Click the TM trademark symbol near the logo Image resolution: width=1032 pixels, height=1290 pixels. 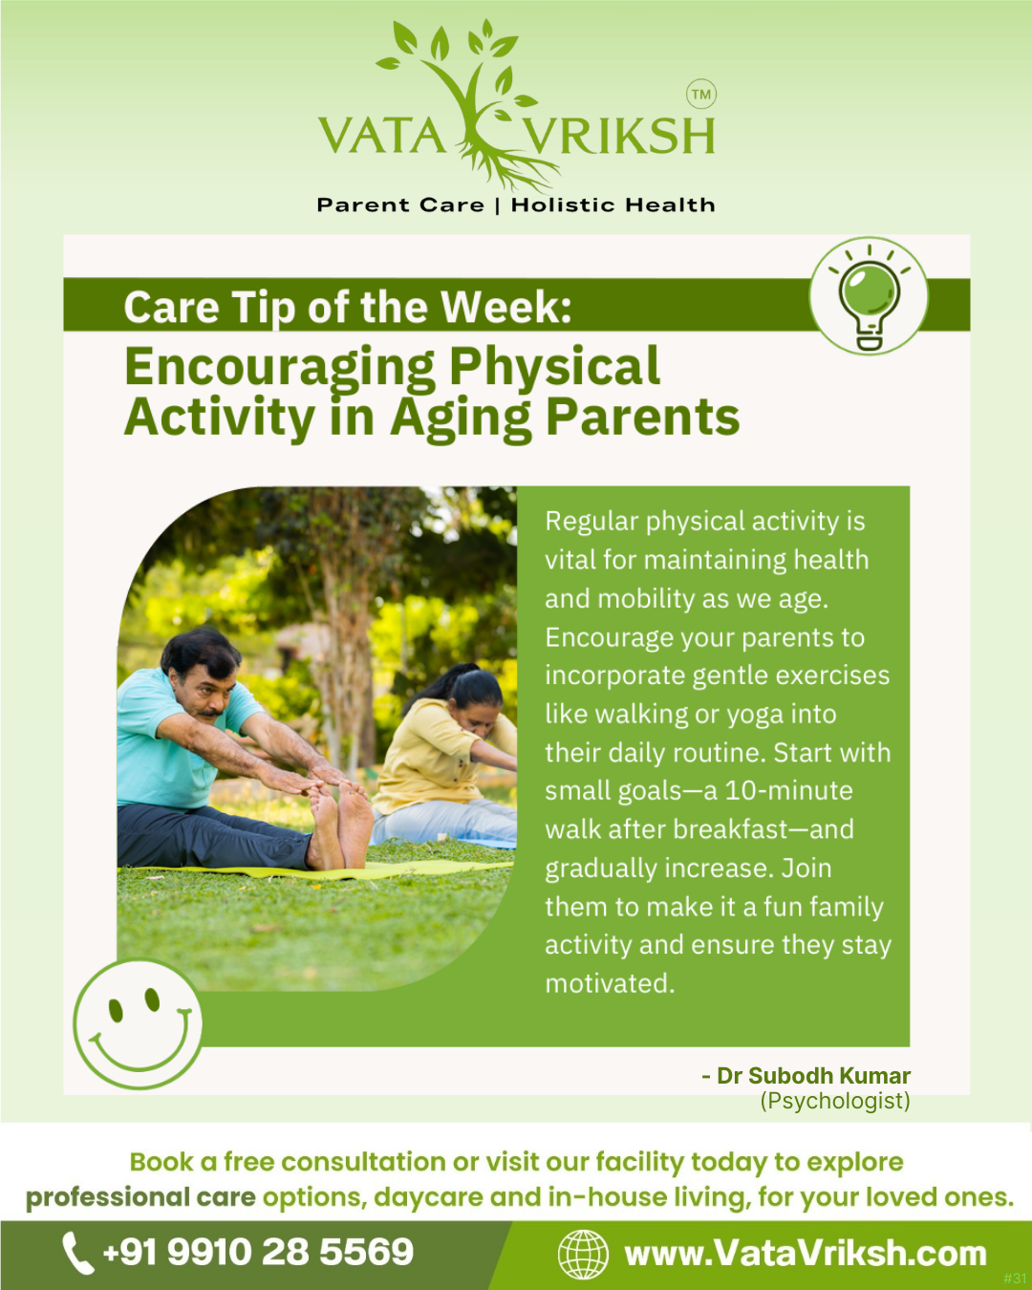(700, 94)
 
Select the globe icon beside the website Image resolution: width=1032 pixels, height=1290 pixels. (583, 1254)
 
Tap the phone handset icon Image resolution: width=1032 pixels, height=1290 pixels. (78, 1254)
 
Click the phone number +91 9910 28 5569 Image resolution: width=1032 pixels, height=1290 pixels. (258, 1252)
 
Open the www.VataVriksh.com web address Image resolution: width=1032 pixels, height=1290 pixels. (806, 1254)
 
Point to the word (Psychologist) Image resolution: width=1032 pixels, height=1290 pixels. (835, 1101)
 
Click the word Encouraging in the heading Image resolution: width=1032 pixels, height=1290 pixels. (279, 369)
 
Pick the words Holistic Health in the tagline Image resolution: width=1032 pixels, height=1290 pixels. (613, 205)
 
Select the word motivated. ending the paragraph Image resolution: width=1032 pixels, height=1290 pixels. (610, 983)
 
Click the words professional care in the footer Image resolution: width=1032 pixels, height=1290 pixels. (140, 1197)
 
